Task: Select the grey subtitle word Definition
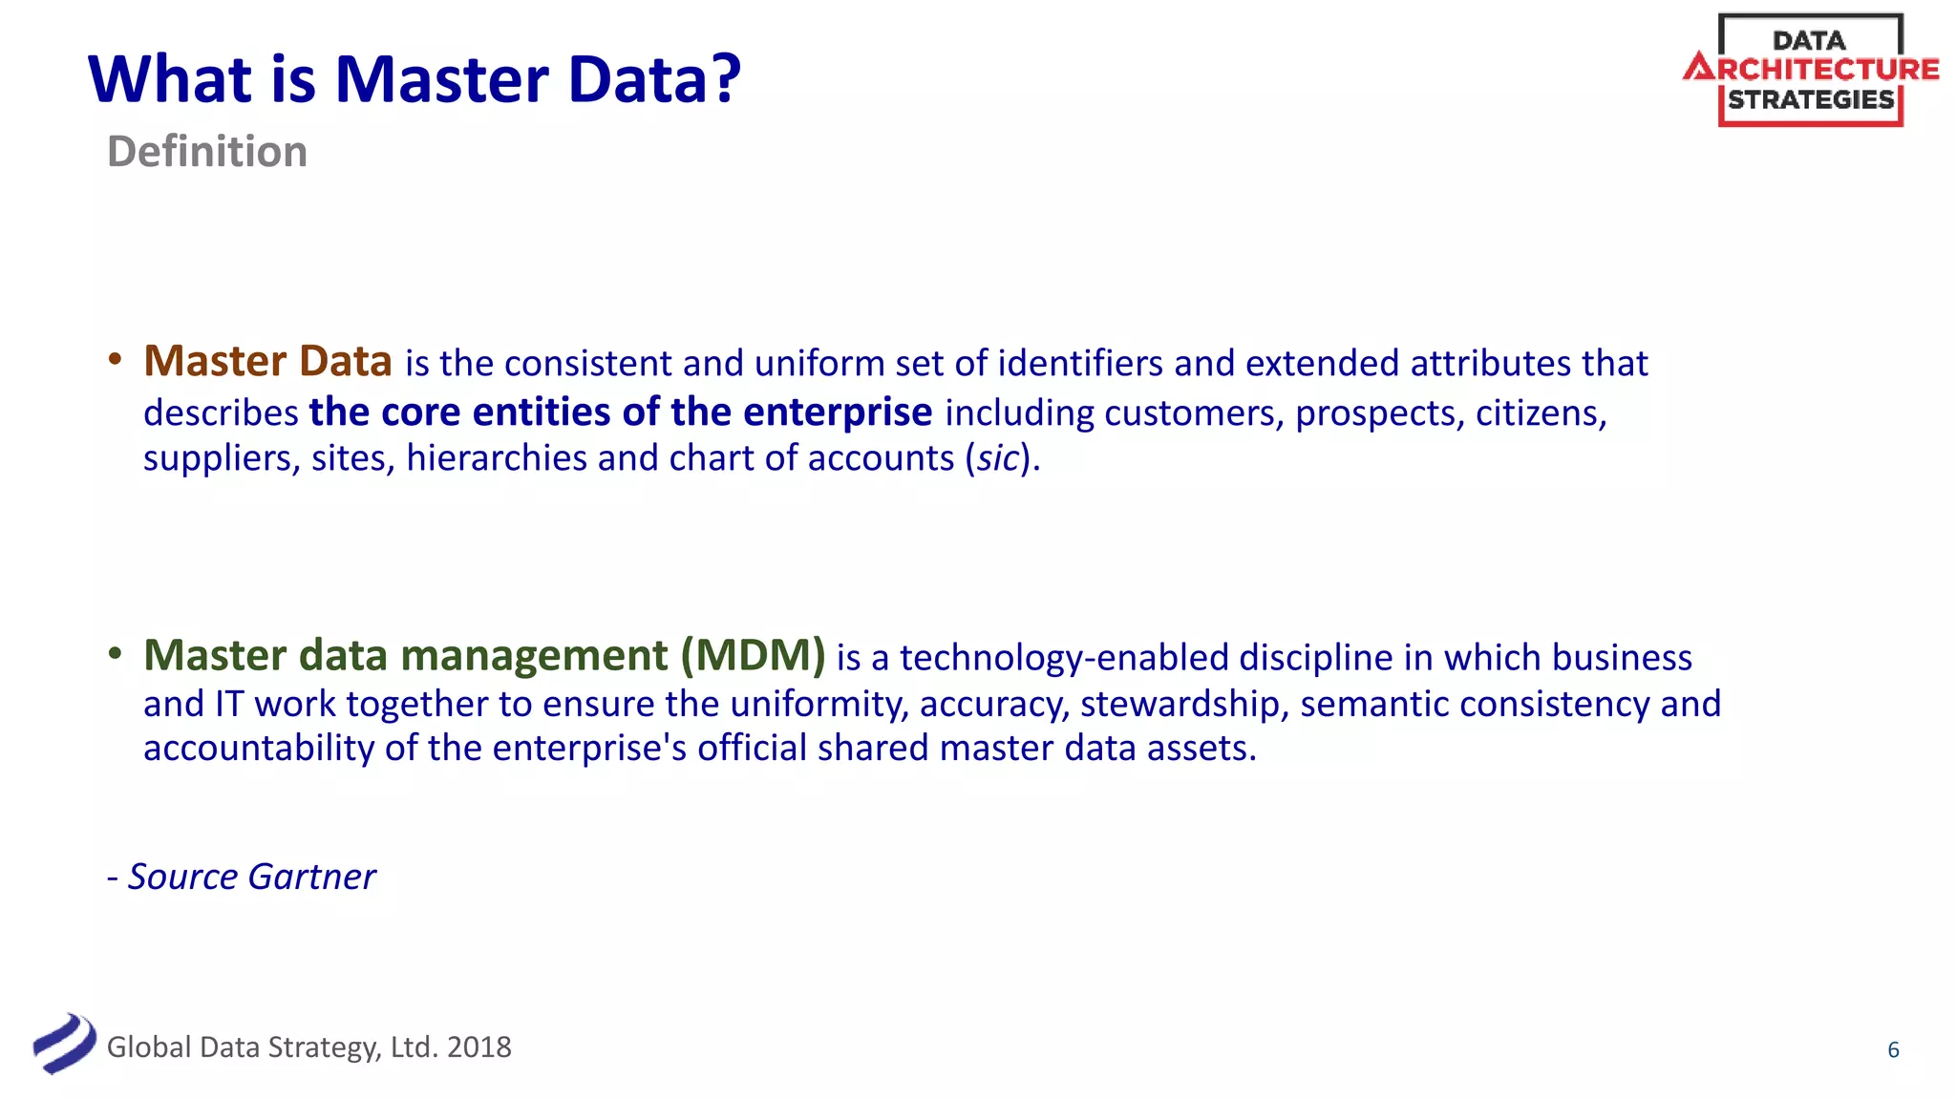207,152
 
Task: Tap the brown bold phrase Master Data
267,362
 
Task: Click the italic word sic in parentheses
998,459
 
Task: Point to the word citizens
1540,413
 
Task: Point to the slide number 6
1893,1050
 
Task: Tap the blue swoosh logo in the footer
64,1043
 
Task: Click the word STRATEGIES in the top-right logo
1811,100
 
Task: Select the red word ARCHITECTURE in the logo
1811,69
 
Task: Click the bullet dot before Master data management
116,654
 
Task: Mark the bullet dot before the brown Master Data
116,360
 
